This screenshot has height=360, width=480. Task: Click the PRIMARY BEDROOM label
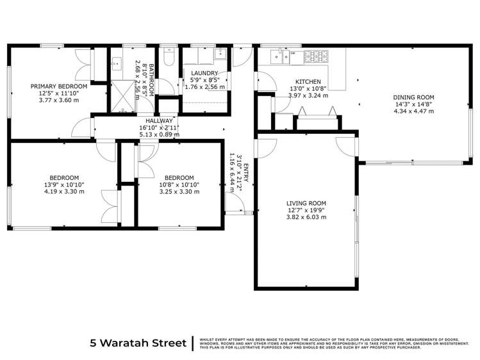59,86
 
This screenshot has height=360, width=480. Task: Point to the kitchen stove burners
317,57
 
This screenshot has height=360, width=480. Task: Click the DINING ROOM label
413,97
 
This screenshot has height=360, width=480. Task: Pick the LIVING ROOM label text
306,203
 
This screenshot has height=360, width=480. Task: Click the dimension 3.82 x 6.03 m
306,217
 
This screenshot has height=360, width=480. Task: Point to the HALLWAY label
159,120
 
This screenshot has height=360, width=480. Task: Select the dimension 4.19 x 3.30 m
65,192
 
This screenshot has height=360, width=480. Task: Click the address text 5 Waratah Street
138,342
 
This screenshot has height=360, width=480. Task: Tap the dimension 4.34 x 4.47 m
413,111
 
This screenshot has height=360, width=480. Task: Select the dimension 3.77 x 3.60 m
59,100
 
